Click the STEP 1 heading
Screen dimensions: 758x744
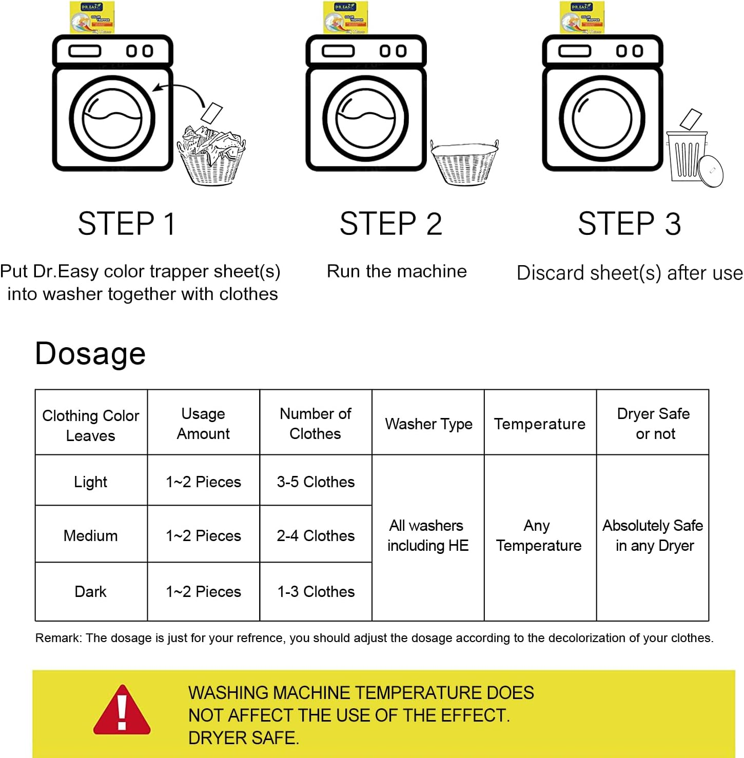pyautogui.click(x=127, y=224)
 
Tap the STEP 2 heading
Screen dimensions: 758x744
pyautogui.click(x=390, y=224)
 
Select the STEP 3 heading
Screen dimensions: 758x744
pyautogui.click(x=630, y=224)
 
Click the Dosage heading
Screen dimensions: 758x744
pyautogui.click(x=90, y=353)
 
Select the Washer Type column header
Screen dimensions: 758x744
pyautogui.click(x=428, y=424)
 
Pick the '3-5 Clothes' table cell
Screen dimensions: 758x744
pyautogui.click(x=316, y=482)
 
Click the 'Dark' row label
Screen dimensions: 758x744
pyautogui.click(x=91, y=591)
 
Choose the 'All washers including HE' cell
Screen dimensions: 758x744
pyautogui.click(x=428, y=535)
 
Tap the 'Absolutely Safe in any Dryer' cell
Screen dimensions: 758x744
pyautogui.click(x=653, y=535)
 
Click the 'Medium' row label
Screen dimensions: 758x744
pyautogui.click(x=91, y=535)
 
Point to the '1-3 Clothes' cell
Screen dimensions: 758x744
pyautogui.click(x=316, y=591)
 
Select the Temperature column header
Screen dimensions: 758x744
pyautogui.click(x=540, y=424)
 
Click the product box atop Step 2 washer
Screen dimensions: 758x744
pyautogui.click(x=345, y=17)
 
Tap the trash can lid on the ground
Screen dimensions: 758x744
pyautogui.click(x=711, y=171)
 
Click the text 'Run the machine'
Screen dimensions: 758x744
pyautogui.click(x=397, y=271)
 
